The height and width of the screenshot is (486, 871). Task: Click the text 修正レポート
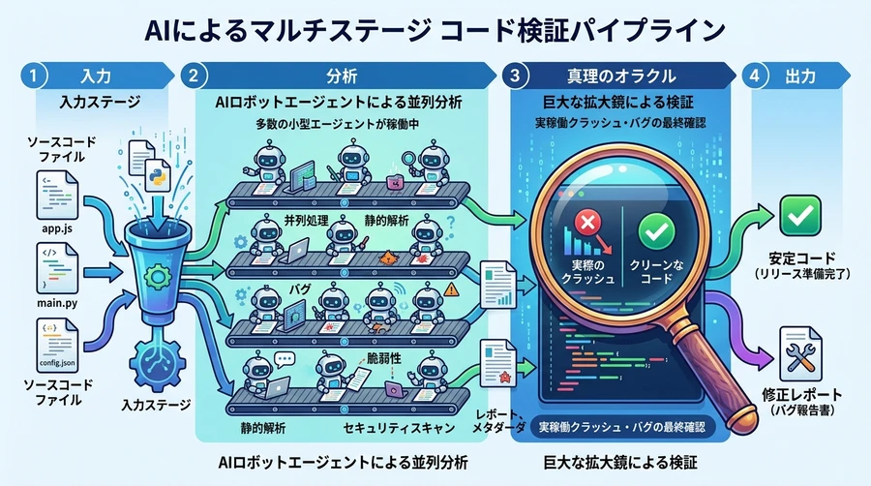point(798,396)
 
